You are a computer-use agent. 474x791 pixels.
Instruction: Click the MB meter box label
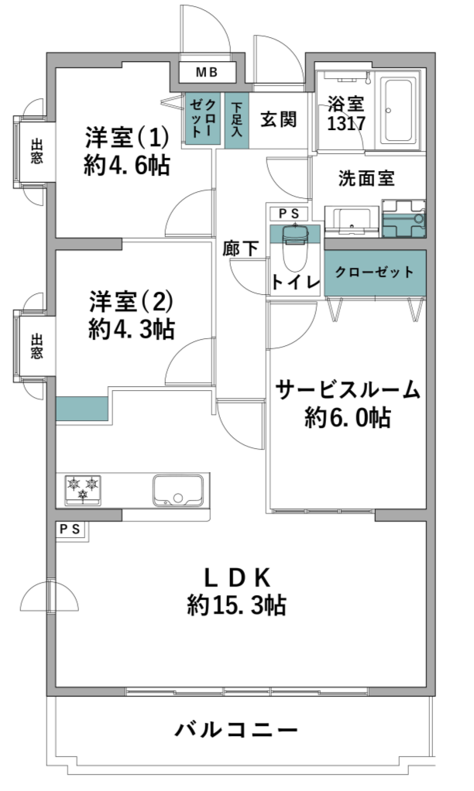click(x=207, y=73)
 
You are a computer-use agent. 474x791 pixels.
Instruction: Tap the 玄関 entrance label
click(x=278, y=119)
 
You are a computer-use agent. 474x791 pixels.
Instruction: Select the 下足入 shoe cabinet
click(x=237, y=121)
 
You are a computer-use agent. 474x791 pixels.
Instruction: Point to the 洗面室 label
click(x=366, y=178)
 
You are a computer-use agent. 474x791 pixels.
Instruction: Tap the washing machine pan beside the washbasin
click(x=404, y=218)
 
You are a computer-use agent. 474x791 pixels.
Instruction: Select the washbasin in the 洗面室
click(x=352, y=221)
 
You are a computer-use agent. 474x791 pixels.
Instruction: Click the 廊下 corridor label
click(x=241, y=248)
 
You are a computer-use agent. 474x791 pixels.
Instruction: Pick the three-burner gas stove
click(x=83, y=489)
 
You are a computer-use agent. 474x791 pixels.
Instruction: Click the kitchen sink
click(x=178, y=490)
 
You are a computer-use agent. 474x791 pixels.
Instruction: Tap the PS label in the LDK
click(x=70, y=529)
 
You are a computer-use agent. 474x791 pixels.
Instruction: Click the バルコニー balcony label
click(x=236, y=729)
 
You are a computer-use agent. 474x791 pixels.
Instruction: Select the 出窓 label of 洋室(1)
click(x=36, y=152)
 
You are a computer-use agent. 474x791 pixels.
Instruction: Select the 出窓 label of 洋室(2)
click(x=36, y=346)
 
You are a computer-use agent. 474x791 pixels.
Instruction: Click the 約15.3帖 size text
click(x=236, y=605)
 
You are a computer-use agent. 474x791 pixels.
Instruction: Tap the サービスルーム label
click(x=349, y=390)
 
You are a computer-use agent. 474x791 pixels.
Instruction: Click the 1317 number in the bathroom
click(x=345, y=124)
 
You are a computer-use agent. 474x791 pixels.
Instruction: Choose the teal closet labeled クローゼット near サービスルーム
click(x=375, y=273)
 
